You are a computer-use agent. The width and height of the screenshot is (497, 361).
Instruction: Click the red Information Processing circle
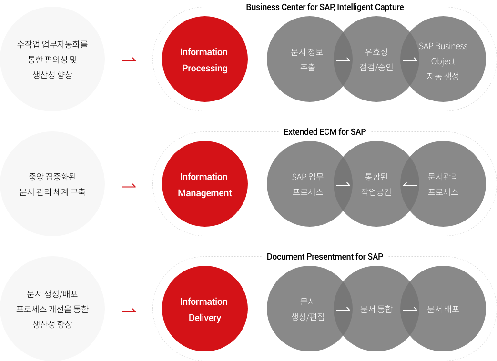tap(205, 59)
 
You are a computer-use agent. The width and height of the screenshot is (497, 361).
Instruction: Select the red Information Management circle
tap(205, 184)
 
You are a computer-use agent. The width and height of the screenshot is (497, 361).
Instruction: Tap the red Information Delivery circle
tap(205, 309)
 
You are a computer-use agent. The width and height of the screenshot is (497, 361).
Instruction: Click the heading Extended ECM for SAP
tap(325, 132)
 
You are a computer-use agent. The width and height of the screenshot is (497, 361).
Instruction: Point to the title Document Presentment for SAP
tap(325, 257)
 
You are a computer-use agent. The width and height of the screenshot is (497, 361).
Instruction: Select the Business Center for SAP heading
tap(325, 7)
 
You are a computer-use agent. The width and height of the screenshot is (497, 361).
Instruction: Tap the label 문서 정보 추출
tap(307, 59)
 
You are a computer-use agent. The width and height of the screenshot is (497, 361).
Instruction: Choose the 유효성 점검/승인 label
tap(376, 59)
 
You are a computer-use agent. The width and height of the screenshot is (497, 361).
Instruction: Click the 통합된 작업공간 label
tap(376, 184)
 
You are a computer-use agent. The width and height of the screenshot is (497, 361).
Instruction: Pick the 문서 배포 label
tap(443, 309)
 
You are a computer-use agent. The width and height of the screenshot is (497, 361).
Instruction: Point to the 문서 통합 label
tap(376, 309)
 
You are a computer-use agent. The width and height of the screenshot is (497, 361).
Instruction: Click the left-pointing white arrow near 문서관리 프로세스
tap(410, 185)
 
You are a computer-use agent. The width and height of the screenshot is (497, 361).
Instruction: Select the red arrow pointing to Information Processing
tap(129, 60)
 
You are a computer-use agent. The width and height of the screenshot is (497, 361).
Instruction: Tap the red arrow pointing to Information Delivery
tap(129, 311)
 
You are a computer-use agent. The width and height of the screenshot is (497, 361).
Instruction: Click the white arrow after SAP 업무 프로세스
tap(343, 185)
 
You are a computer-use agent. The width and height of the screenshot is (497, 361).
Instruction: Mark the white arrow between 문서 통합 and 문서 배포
tap(410, 310)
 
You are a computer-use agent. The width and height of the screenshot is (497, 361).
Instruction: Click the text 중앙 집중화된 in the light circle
tap(52, 176)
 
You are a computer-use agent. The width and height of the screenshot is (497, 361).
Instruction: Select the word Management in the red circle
tap(205, 193)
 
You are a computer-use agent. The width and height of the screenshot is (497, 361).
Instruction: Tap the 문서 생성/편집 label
tap(308, 309)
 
